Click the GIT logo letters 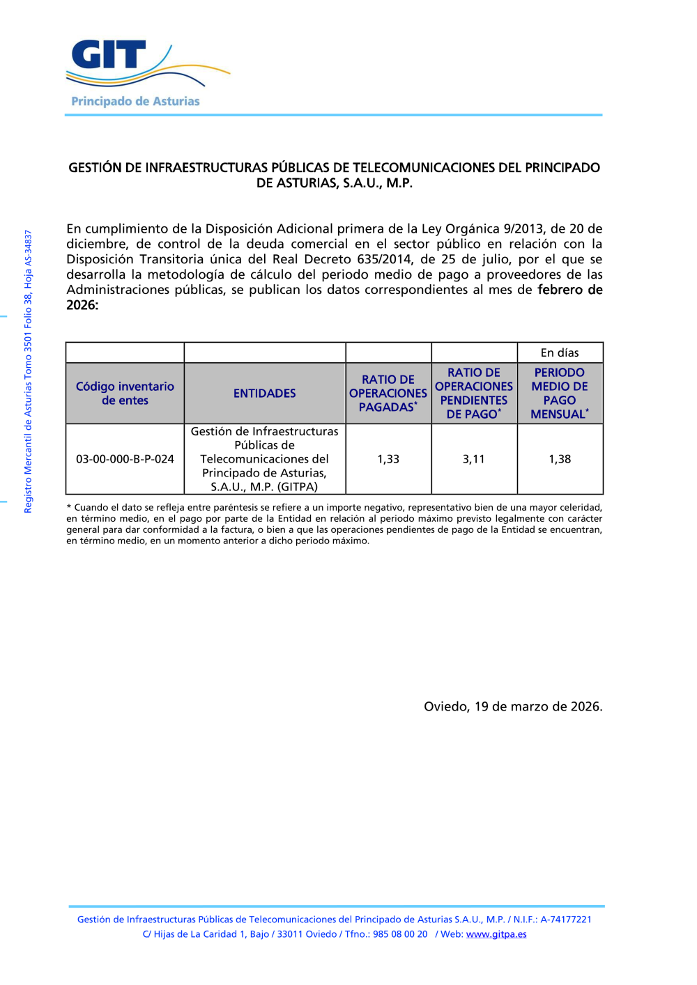109,55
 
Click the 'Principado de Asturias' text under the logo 135,102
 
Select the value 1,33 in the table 388,459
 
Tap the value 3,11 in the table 474,459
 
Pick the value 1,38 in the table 560,459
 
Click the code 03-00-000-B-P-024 125,459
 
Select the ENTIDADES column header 265,394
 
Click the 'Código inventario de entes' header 125,394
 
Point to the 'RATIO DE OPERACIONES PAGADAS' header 388,394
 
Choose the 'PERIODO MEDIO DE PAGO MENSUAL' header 560,394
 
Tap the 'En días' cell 560,353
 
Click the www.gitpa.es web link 496,934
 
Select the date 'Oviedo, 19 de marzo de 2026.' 513,706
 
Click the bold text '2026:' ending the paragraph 82,305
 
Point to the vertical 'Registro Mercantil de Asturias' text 29,372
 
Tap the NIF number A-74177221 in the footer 566,920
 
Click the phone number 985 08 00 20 400,934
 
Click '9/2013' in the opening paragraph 525,228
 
